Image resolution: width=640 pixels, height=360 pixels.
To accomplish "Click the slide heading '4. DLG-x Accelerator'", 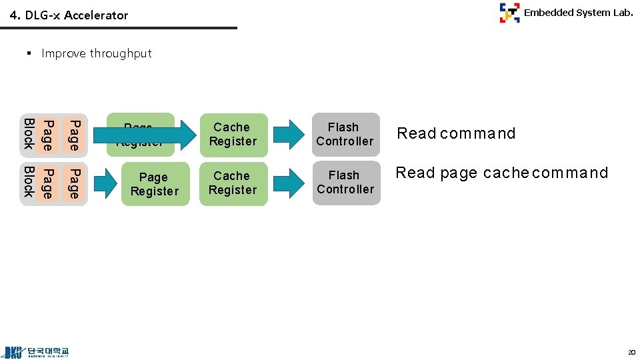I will coord(69,15).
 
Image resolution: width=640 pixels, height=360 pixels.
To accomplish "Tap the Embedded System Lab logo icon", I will coord(509,13).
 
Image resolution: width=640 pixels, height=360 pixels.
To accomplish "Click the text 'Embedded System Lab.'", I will coord(578,12).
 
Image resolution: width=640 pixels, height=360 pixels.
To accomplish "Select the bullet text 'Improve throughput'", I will coord(97,53).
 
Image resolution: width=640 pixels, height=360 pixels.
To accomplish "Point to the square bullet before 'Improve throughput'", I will coord(30,53).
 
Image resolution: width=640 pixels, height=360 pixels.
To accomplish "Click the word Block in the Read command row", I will coord(29,134).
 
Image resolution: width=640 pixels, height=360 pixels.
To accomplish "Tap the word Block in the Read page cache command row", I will coord(29,183).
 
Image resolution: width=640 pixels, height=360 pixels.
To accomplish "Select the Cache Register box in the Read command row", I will coord(232,134).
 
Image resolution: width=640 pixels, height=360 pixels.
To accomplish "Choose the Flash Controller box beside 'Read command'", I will coord(345,134).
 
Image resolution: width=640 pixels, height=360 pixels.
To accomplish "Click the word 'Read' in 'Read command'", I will coord(416,133).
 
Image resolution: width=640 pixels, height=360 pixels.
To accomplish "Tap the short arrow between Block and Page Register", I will coord(105,184).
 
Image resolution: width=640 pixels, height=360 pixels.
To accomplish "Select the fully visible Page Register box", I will coord(155,184).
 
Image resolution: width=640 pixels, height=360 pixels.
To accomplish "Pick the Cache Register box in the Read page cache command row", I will coord(232,183).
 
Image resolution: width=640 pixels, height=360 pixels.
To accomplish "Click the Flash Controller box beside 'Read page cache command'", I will coord(345,183).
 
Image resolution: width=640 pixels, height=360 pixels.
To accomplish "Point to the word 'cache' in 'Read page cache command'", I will coord(505,173).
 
